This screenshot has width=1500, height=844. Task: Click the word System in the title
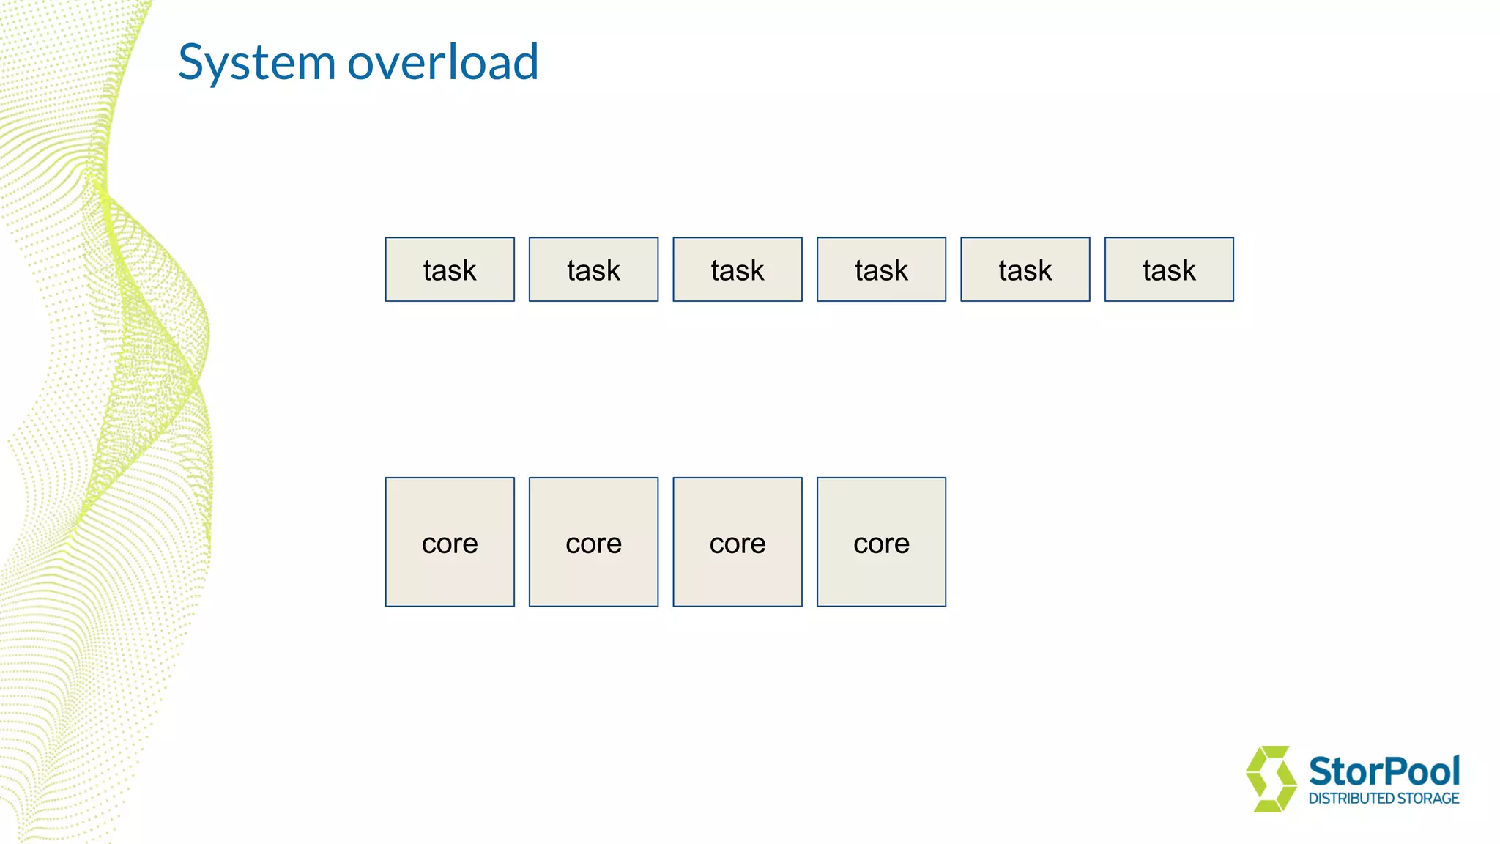tap(256, 63)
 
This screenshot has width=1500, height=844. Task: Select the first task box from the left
tap(450, 270)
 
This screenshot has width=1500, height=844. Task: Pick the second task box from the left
tap(593, 270)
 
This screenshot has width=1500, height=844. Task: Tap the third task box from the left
tap(738, 270)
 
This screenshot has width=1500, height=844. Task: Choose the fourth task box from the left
tap(881, 270)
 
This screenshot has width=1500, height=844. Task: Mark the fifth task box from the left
tap(1025, 270)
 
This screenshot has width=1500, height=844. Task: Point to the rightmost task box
tap(1169, 270)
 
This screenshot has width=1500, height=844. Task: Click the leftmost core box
tap(450, 542)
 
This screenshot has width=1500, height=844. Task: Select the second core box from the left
tap(593, 542)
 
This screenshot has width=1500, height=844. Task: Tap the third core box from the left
tap(738, 542)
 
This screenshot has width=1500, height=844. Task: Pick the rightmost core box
tap(881, 542)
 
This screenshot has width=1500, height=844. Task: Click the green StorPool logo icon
tap(1271, 779)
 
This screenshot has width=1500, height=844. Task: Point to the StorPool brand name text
tap(1384, 772)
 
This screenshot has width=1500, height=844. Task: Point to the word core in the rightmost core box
tap(881, 544)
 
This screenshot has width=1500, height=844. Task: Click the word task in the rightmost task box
tap(1169, 271)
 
